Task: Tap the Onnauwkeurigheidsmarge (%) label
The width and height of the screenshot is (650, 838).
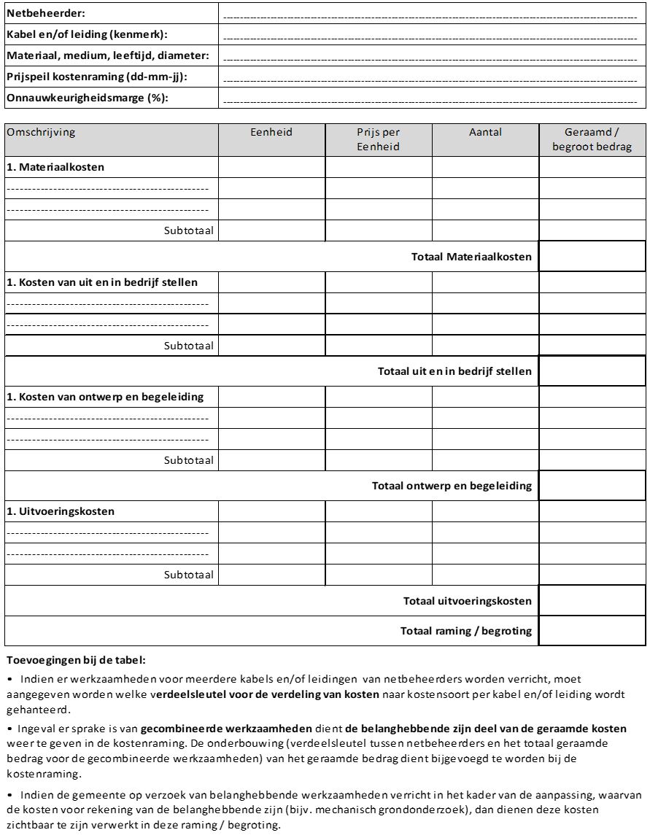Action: point(87,98)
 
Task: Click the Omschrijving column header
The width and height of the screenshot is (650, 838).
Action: point(42,132)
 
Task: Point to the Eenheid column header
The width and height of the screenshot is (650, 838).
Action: point(271,132)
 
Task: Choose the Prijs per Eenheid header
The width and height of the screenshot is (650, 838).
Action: point(378,139)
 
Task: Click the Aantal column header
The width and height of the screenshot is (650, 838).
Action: point(485,132)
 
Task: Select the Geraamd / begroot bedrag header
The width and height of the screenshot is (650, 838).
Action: point(592,139)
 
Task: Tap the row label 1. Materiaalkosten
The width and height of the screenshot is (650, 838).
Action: point(55,167)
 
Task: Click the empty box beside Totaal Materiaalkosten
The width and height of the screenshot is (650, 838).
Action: point(592,256)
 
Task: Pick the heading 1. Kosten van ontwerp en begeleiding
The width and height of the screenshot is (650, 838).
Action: point(105,397)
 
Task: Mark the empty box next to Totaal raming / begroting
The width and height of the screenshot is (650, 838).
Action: point(592,631)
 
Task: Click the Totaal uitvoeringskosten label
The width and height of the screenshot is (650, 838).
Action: point(467,601)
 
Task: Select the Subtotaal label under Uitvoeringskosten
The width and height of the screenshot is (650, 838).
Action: point(189,575)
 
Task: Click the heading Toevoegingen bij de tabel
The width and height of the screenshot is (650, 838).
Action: point(77,660)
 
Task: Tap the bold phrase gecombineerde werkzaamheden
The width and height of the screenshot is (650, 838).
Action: point(226,729)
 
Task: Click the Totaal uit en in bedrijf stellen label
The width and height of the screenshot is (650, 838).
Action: point(454,371)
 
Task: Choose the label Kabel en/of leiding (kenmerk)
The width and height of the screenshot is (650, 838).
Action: point(87,34)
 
